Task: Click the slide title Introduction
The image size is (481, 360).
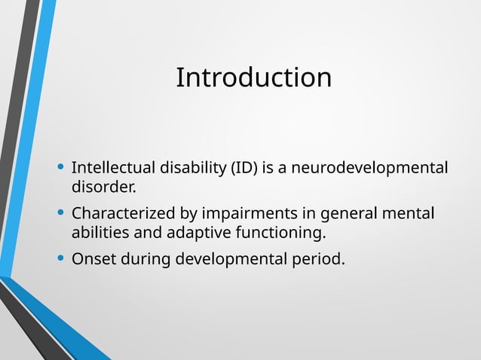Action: pyautogui.click(x=253, y=78)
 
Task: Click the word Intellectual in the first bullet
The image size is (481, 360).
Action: pyautogui.click(x=109, y=166)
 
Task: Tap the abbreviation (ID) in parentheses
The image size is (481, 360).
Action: pyautogui.click(x=244, y=166)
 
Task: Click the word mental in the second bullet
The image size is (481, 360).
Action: pyautogui.click(x=409, y=213)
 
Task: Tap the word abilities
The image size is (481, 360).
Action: pyautogui.click(x=100, y=231)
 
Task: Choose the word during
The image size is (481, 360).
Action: pyautogui.click(x=143, y=260)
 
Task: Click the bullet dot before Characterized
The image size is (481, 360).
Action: pyautogui.click(x=60, y=214)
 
